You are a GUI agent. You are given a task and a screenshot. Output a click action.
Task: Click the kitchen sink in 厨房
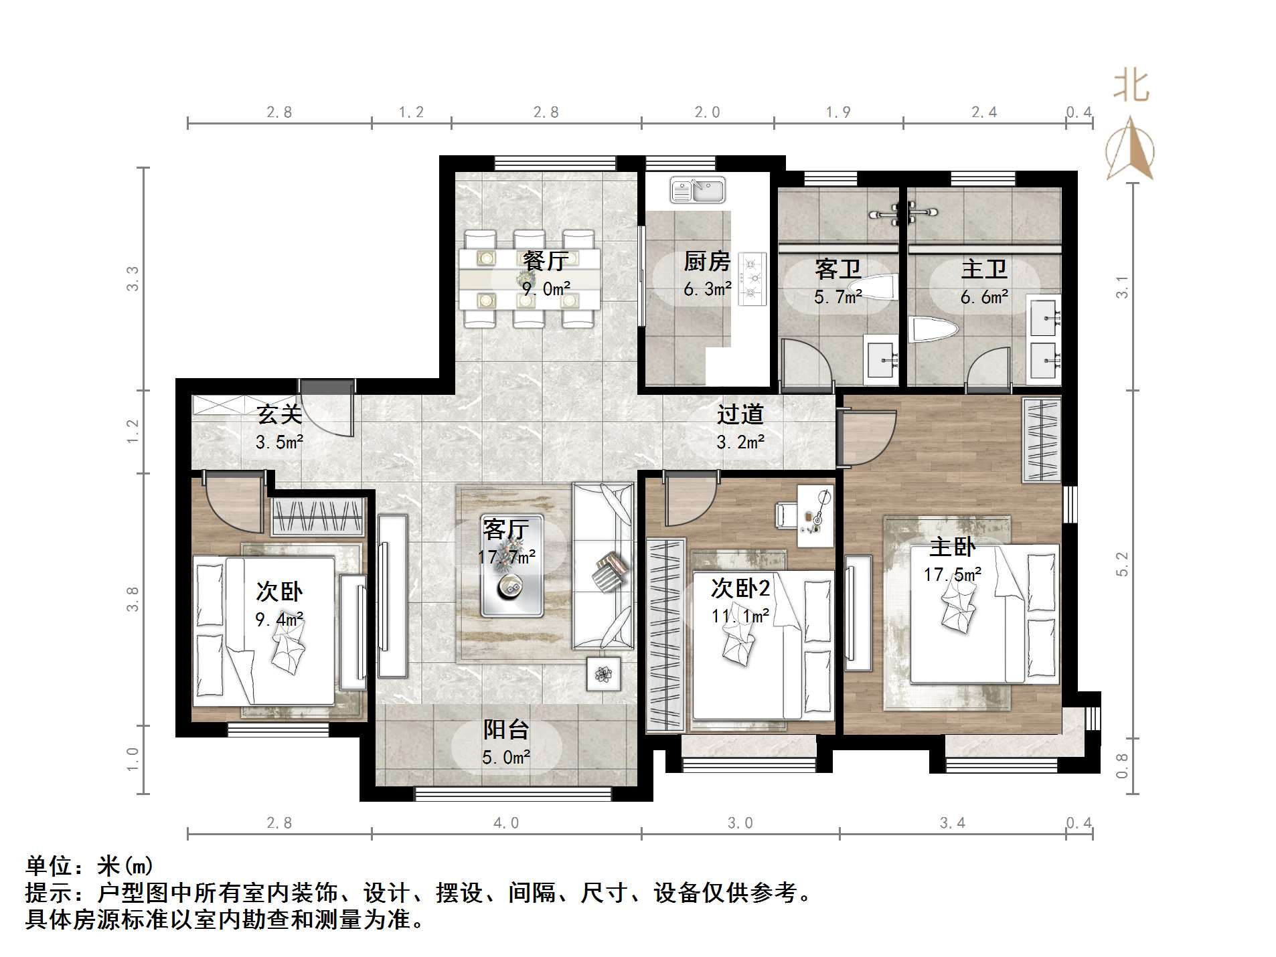[x=698, y=190]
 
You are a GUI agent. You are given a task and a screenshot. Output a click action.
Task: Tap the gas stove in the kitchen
[x=752, y=278]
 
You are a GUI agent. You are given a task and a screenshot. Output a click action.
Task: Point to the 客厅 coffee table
[x=512, y=565]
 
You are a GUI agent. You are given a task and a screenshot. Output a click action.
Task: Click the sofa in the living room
[x=603, y=565]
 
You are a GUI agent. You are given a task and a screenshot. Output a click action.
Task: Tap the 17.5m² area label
[x=952, y=574]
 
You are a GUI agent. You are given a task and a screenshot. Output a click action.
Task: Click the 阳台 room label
[x=506, y=729]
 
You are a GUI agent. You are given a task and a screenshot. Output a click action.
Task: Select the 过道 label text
[x=740, y=414]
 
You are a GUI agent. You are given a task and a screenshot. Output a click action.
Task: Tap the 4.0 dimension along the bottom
[x=506, y=823]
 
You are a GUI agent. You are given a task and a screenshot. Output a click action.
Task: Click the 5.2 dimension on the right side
[x=1122, y=564]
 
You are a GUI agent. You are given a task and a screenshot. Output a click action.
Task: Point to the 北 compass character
[x=1131, y=87]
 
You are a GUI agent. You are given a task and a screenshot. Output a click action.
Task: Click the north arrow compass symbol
[x=1130, y=150]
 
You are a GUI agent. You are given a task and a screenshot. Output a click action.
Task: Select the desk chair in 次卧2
[x=786, y=515]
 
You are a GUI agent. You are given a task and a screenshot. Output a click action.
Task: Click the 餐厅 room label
[x=546, y=261]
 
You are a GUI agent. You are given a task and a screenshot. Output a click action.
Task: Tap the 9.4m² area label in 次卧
[x=279, y=619]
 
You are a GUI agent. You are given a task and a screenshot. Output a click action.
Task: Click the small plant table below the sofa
[x=603, y=673]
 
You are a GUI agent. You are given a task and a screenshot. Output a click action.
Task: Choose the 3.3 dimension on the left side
[x=133, y=278]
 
